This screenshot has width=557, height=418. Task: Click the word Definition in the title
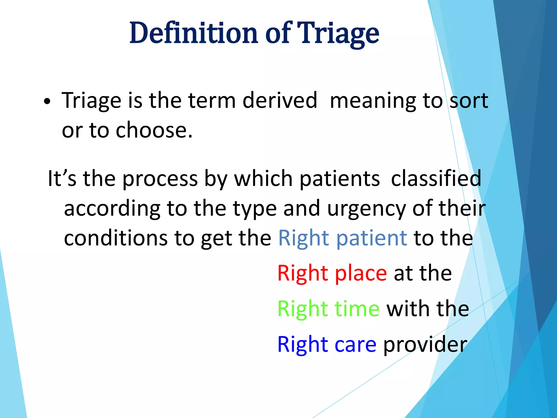coord(193,33)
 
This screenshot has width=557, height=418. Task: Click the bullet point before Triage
coord(47,102)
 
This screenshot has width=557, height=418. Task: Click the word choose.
coord(154,130)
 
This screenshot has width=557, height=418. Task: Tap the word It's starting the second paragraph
coord(62,179)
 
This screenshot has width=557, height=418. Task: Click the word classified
coord(436,179)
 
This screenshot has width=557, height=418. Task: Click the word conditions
coord(116,238)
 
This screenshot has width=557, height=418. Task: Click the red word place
coord(361,273)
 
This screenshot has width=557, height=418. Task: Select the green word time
coord(357,309)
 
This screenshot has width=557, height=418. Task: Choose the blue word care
coord(355,344)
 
